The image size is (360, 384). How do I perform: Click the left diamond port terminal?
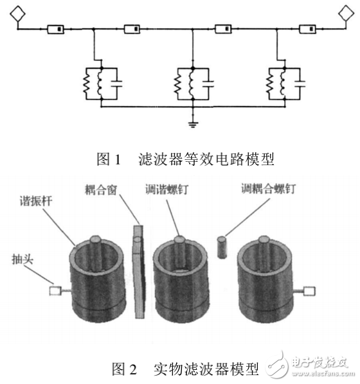pyautogui.click(x=16, y=13)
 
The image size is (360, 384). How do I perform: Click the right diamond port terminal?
pyautogui.click(x=342, y=13)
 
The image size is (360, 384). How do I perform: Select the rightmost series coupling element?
pyautogui.click(x=307, y=29)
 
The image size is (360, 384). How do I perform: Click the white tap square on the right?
pyautogui.click(x=309, y=291)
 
